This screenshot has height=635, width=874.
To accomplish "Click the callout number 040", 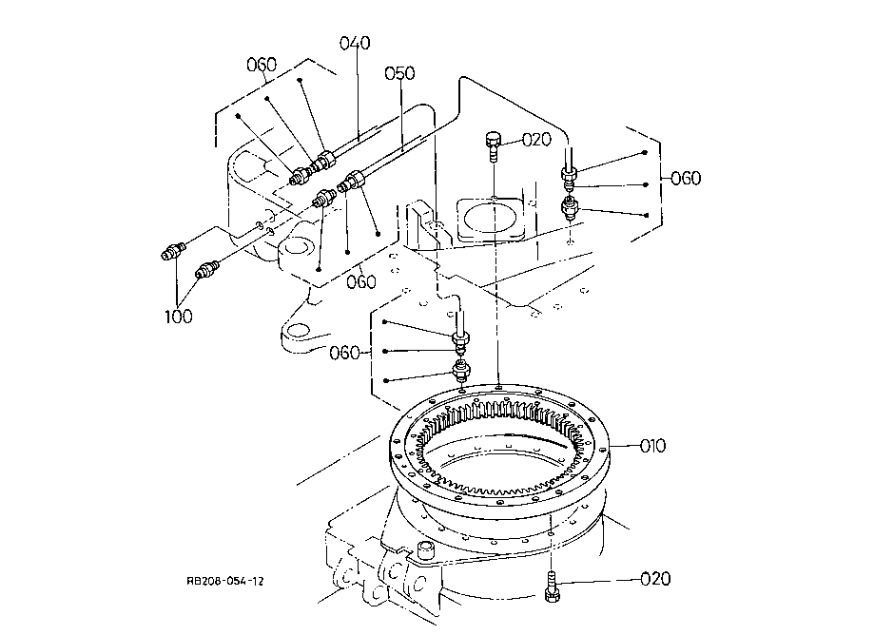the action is (355, 43).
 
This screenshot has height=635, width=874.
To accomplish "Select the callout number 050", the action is (399, 73).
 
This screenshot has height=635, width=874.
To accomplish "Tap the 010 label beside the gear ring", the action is (652, 446).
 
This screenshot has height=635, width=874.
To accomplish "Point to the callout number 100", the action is (179, 317).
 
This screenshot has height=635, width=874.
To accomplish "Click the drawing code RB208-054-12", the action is (225, 581).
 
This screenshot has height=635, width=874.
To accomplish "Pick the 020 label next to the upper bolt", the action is (536, 139).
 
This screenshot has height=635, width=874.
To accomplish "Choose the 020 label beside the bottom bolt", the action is (655, 579).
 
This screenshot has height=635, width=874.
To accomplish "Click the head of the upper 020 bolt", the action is (494, 138).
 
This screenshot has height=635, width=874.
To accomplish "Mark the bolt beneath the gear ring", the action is (552, 587).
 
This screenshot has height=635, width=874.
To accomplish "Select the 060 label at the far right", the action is (686, 179).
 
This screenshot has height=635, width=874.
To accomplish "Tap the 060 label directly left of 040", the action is (262, 65).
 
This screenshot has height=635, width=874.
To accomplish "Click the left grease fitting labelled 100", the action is (173, 251).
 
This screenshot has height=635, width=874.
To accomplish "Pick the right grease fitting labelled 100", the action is (206, 269).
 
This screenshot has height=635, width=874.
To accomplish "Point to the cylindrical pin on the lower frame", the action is (426, 549).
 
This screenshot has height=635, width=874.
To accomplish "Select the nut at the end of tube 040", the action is (325, 160).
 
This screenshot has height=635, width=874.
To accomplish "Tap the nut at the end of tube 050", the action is (355, 180).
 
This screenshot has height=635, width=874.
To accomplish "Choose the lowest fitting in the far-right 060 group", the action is (569, 208).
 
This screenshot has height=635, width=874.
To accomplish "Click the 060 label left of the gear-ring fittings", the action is (344, 354).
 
